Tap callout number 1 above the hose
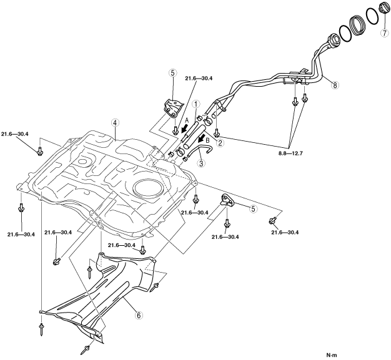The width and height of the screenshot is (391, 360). pos(195,105)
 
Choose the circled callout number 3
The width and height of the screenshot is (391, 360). pos(201,163)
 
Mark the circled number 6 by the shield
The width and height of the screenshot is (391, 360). pos(139,314)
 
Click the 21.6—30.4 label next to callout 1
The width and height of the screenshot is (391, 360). pos(199,79)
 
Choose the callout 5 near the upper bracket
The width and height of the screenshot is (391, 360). pos(172,73)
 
